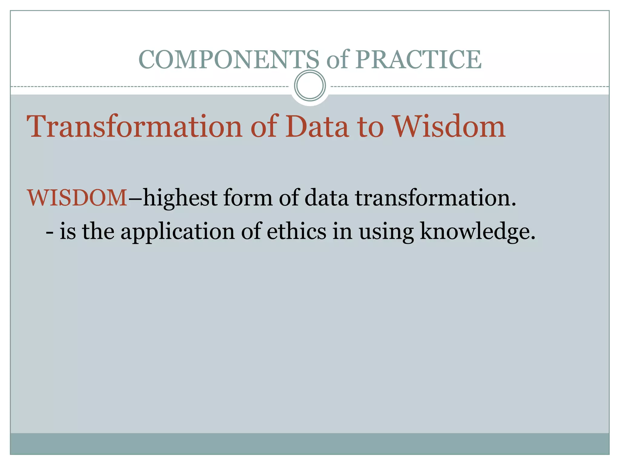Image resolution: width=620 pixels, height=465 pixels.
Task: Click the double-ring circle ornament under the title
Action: pos(310,86)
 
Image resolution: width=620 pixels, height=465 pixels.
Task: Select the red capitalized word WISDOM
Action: pos(77,198)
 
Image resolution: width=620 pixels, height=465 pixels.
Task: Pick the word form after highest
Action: pos(248,198)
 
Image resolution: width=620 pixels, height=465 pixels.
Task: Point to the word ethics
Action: pos(296,232)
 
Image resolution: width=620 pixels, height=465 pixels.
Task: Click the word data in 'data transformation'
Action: pos(326,198)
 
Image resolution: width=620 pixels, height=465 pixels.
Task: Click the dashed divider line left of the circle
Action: pos(151,87)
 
